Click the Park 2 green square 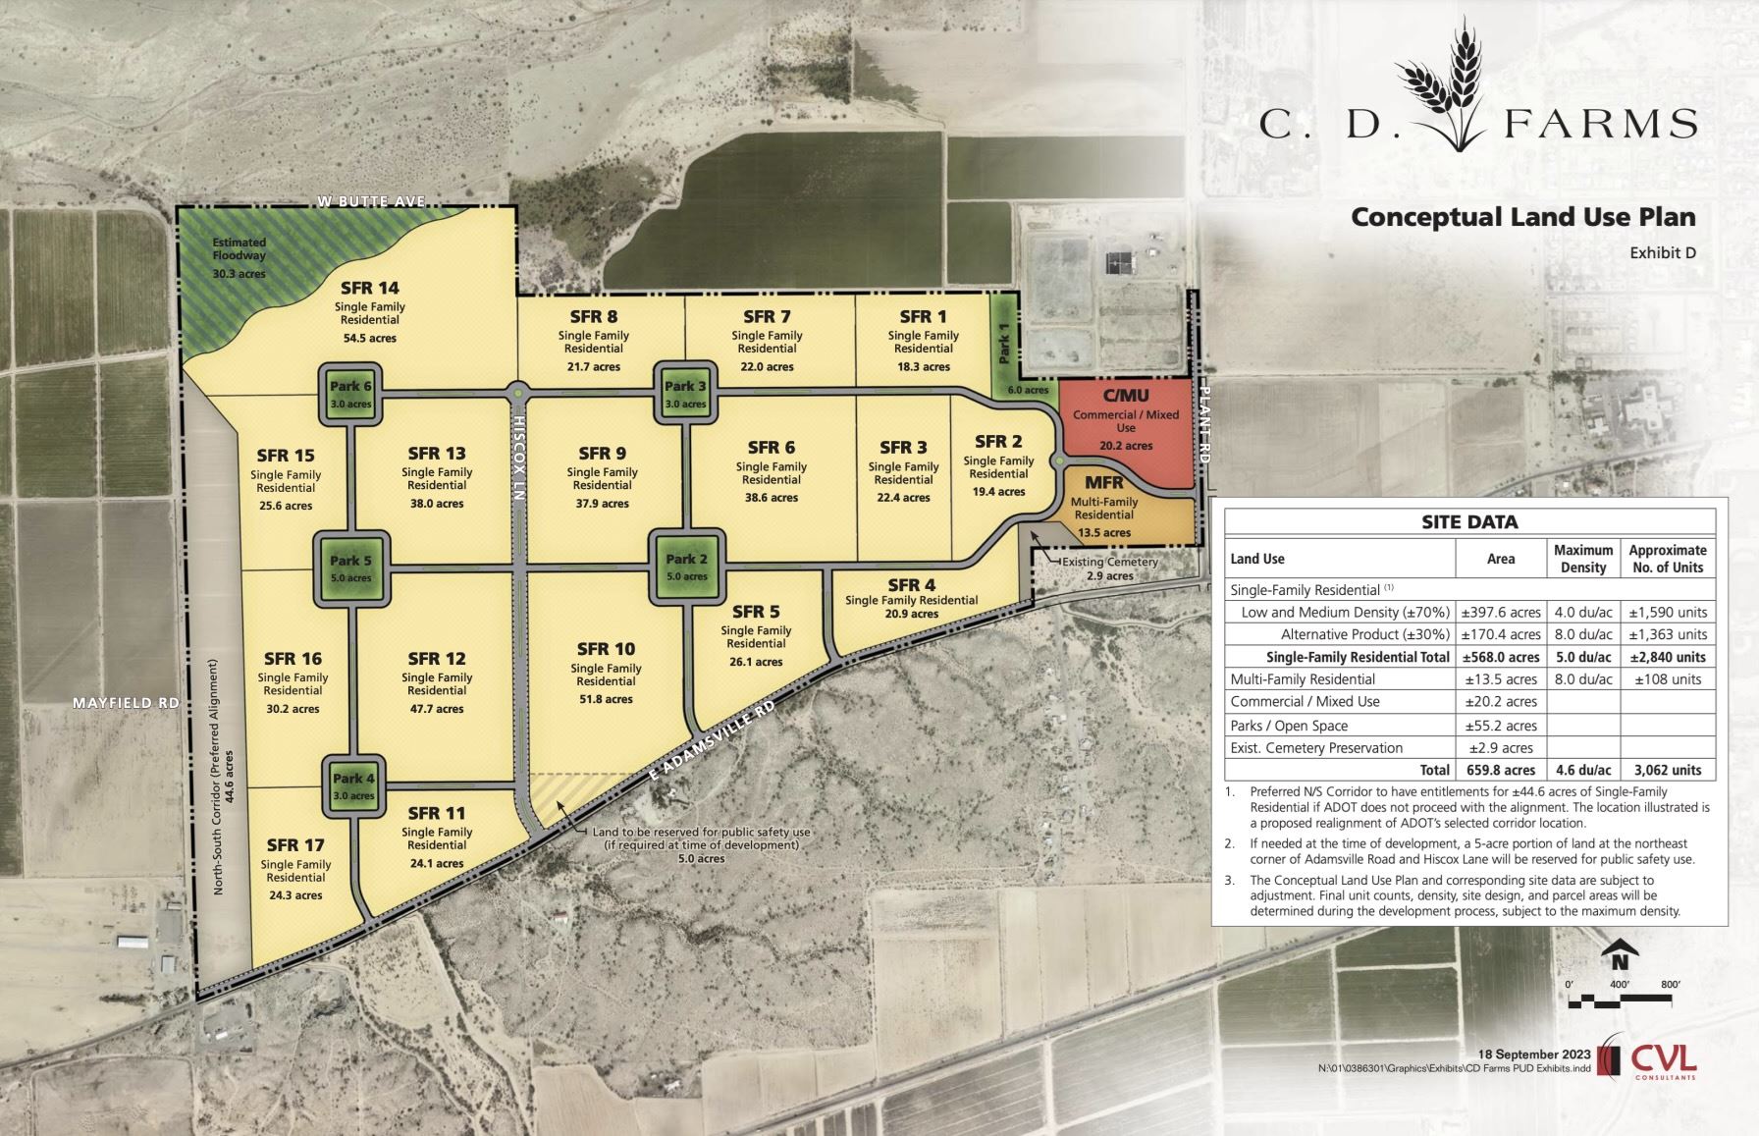pos(686,567)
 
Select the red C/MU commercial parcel pos(1126,429)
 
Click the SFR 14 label pos(370,288)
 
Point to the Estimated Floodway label pos(240,249)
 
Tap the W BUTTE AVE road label pos(371,201)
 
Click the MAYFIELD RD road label pos(127,703)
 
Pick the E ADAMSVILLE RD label pos(713,741)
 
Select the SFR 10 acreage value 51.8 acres pos(606,699)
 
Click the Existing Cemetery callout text pos(1110,563)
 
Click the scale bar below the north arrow pos(1620,1001)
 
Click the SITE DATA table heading pos(1469,522)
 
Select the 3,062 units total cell pos(1668,770)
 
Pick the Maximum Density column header pos(1583,559)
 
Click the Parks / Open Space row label pos(1289,726)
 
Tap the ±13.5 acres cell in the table pos(1501,679)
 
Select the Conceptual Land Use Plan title pos(1523,217)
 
